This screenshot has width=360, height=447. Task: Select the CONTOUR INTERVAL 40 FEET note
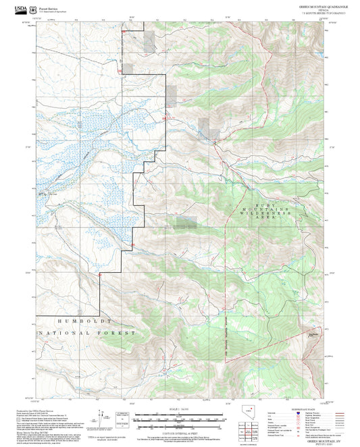(180, 431)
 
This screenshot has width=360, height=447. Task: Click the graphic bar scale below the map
(180, 419)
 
